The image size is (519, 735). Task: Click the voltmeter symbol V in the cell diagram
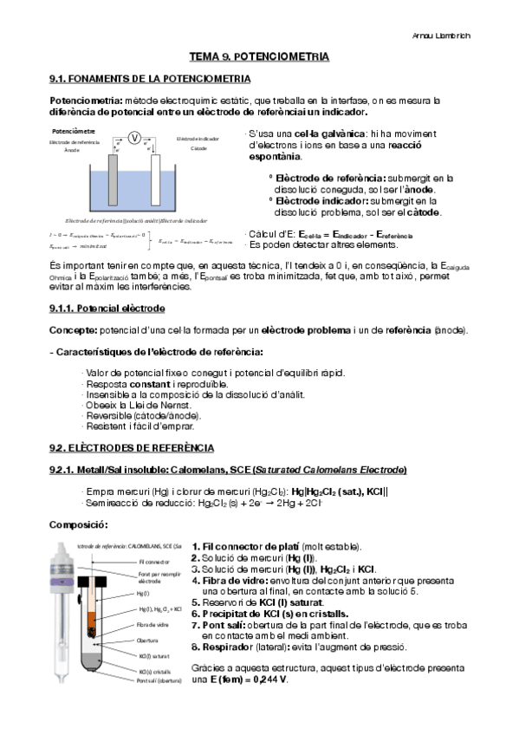click(134, 138)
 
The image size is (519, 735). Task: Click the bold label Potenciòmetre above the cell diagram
click(74, 130)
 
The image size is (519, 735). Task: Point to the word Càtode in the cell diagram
click(199, 148)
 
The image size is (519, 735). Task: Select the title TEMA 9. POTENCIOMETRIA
click(259, 56)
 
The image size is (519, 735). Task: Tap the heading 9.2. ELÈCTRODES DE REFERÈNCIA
click(131, 447)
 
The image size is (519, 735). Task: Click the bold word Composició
click(78, 524)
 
